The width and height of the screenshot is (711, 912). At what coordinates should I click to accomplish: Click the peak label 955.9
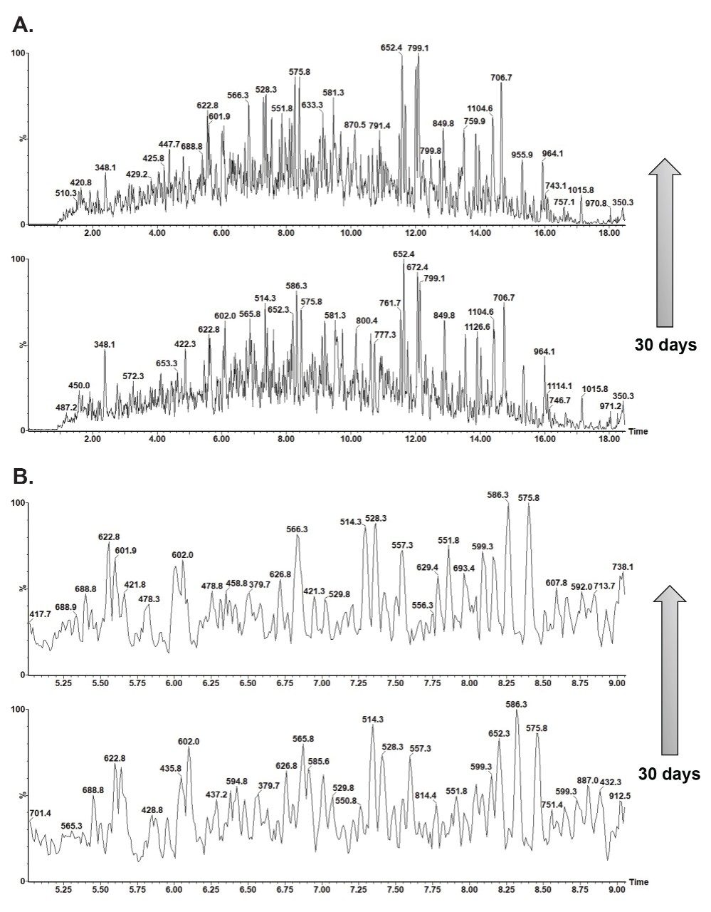[x=522, y=154]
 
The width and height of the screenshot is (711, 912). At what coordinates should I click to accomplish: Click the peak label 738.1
[x=623, y=566]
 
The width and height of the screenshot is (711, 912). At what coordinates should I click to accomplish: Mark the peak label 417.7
[x=40, y=613]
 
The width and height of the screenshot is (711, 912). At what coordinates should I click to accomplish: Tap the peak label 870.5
[x=354, y=125]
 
